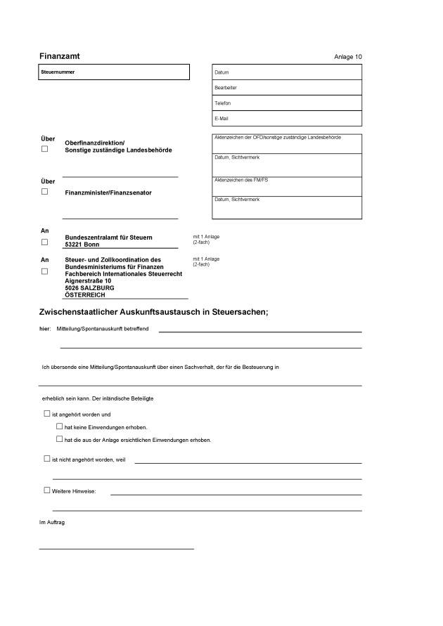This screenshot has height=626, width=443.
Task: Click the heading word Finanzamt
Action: point(58,55)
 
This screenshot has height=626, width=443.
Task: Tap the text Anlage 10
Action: point(348,56)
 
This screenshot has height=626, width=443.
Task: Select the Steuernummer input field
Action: point(114,72)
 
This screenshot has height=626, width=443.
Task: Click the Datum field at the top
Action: point(286,72)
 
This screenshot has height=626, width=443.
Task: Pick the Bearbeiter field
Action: point(286,88)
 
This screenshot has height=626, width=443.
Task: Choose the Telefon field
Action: point(286,103)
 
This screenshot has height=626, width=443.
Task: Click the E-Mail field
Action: point(286,119)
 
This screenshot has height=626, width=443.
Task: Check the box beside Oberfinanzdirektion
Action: point(45,149)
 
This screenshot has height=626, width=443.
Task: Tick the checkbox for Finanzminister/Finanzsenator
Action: point(45,191)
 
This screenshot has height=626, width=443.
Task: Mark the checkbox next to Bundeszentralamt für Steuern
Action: point(45,242)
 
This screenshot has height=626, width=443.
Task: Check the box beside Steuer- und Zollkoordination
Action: point(45,271)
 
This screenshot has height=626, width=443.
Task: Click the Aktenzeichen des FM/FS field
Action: point(286,187)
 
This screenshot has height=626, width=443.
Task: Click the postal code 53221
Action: point(74,244)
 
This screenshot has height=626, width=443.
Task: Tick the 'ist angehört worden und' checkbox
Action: point(47,414)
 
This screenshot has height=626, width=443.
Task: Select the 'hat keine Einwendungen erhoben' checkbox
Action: point(60,426)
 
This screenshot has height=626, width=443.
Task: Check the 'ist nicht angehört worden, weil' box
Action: point(47,458)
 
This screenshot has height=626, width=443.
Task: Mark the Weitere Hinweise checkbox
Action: point(47,490)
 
